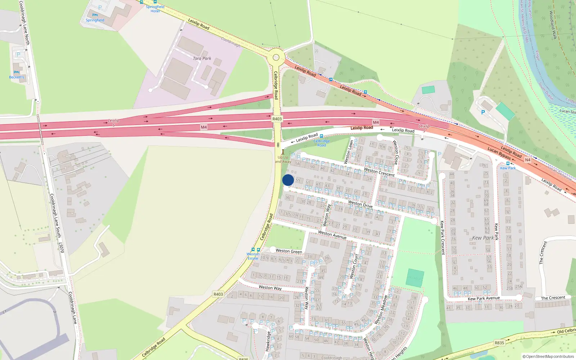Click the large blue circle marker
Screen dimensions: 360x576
point(288,180)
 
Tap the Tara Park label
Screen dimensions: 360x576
point(202,58)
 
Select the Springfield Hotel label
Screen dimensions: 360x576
point(155,9)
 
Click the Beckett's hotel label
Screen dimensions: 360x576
point(17,77)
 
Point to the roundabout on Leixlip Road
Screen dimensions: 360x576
point(276,57)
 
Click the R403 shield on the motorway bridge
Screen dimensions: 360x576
point(277,119)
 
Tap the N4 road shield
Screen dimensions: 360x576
point(527,160)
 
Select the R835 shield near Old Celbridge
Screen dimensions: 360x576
point(499,343)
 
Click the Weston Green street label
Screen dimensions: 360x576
point(289,251)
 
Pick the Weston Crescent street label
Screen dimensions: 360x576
point(379,172)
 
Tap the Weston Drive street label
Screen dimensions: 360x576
point(360,204)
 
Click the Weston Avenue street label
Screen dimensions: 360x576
point(332,235)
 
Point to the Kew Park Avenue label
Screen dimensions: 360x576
point(483,298)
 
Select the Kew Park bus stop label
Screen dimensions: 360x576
point(508,168)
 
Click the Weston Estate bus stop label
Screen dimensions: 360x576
point(253,256)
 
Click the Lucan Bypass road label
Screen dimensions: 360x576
point(499,153)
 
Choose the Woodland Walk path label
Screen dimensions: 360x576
point(553,25)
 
